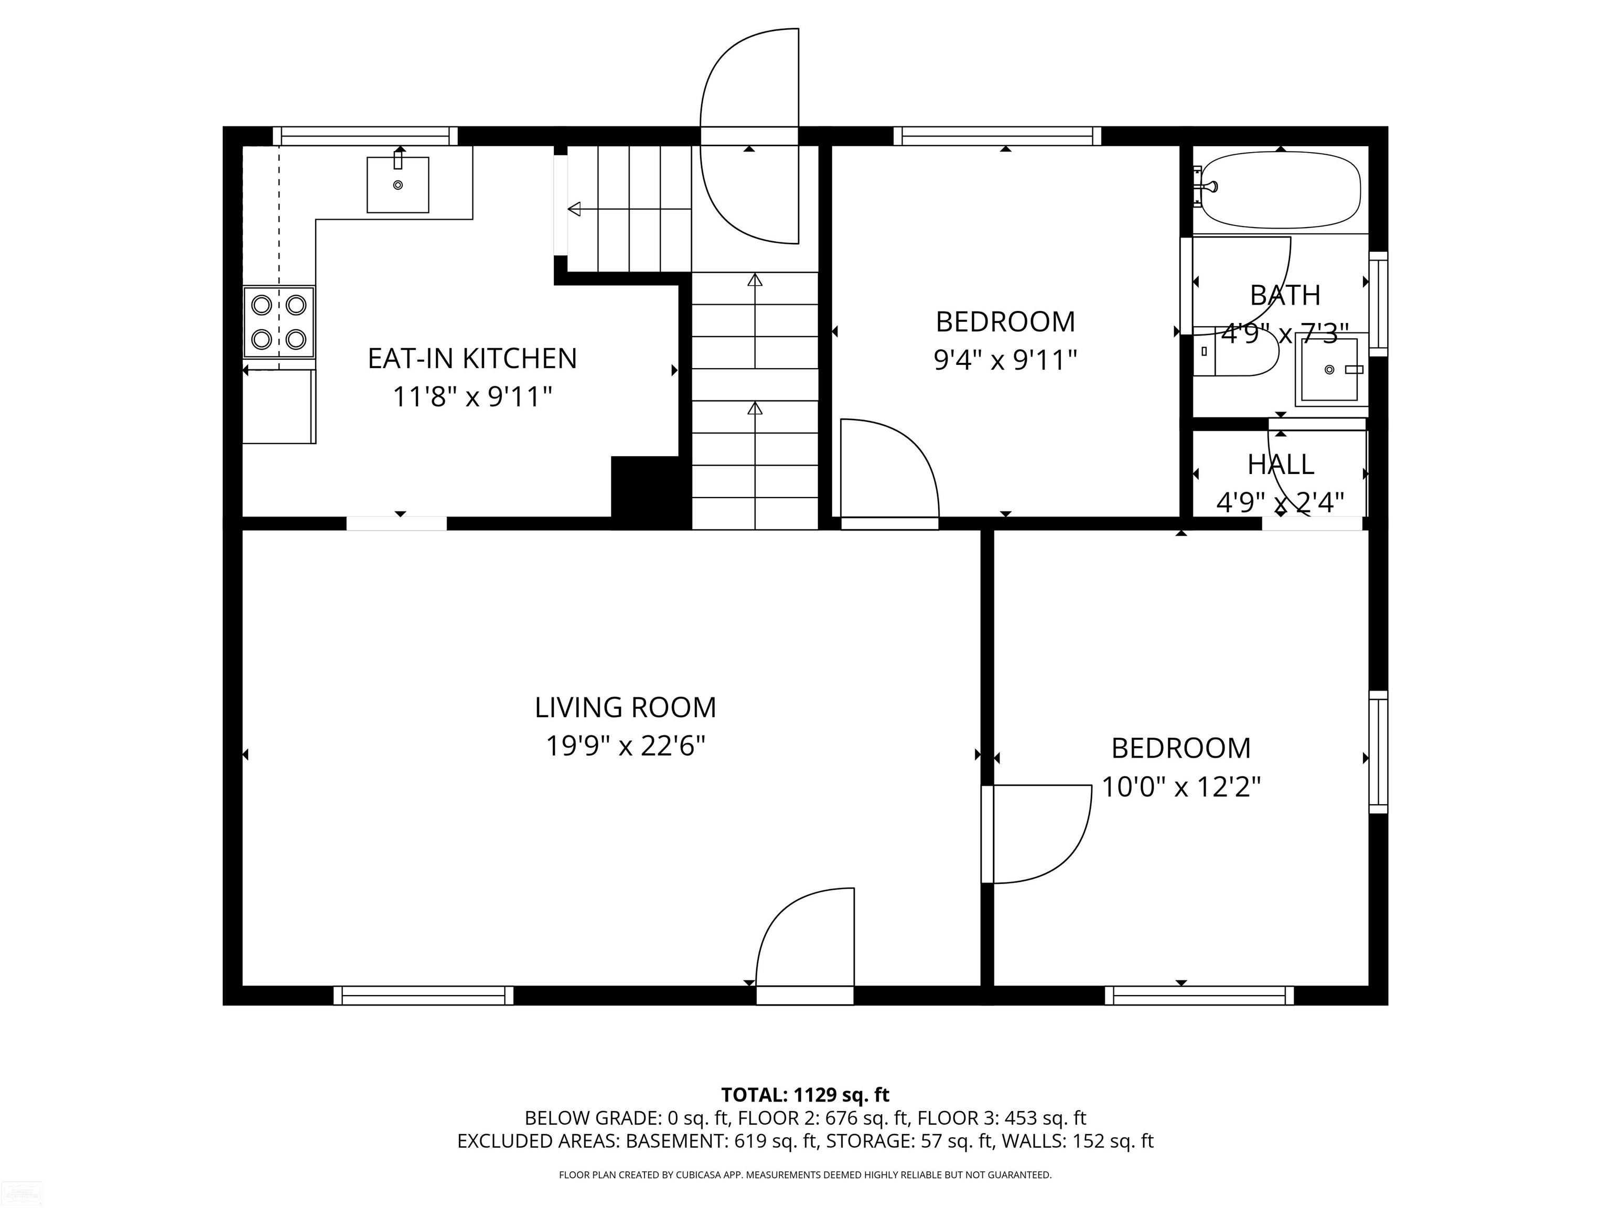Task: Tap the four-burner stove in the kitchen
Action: [x=279, y=322]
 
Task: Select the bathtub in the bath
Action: [x=1280, y=190]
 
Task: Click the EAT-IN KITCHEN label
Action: [x=472, y=358]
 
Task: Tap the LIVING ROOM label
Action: [x=626, y=707]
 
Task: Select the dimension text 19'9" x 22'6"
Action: [x=626, y=746]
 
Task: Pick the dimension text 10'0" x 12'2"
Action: [x=1180, y=786]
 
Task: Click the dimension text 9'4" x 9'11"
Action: [x=1005, y=360]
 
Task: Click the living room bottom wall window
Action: [x=423, y=995]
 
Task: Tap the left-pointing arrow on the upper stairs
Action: [x=630, y=209]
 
